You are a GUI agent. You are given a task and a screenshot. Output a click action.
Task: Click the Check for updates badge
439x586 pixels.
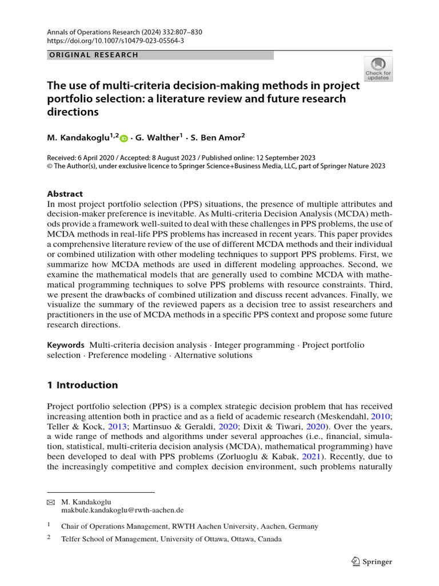[378, 69]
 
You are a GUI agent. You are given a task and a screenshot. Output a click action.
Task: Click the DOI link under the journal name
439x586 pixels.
[115, 41]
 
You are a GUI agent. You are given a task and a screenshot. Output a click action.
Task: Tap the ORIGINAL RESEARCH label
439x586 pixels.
[93, 55]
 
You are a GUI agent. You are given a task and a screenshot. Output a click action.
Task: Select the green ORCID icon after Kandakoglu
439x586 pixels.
[124, 138]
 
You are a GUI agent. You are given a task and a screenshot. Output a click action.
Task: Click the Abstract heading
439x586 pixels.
[65, 194]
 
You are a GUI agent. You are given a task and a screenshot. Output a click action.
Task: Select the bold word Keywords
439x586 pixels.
[66, 345]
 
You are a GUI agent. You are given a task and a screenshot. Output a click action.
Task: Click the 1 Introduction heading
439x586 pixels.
[82, 385]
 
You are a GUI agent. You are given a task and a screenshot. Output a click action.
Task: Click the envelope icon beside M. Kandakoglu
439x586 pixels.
[51, 501]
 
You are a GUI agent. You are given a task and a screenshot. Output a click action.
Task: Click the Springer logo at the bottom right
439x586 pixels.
[372, 561]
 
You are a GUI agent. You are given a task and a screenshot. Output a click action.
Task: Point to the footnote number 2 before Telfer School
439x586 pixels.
[49, 538]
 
